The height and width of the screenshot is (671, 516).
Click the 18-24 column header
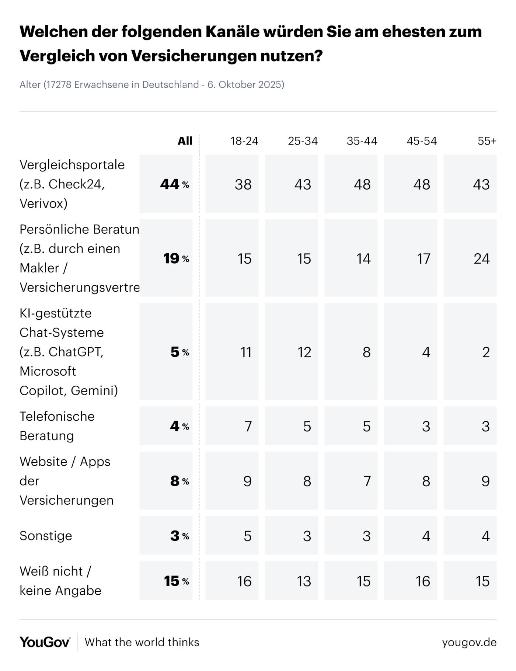244,141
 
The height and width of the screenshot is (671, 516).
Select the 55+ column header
487,141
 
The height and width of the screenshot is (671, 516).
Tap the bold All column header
185,141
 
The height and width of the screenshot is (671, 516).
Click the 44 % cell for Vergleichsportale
174,184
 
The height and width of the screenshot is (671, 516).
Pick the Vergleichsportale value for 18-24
243,184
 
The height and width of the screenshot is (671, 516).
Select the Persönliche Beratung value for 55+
481,258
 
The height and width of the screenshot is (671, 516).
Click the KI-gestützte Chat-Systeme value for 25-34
304,352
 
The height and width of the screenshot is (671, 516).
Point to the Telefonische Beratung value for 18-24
248,426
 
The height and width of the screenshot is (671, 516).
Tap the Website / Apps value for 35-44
366,481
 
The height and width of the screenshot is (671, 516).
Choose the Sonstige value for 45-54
426,536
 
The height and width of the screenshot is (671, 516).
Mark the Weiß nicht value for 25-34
304,581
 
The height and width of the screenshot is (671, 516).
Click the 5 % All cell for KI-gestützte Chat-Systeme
179,352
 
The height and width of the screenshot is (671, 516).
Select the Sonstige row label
46,536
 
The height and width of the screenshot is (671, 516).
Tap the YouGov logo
45,642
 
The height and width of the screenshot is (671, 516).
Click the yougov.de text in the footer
469,642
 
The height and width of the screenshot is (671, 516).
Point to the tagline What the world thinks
142,642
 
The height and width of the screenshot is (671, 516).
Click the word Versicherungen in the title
194,56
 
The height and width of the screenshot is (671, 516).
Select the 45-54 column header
421,141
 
